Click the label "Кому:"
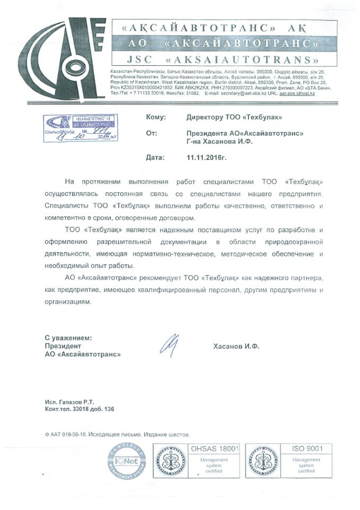[x=155, y=117]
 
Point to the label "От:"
[x=151, y=134]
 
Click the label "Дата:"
[x=155, y=158]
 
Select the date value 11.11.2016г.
[x=207, y=158]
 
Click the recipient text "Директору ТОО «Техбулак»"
[x=234, y=117]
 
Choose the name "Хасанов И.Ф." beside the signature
[x=236, y=345]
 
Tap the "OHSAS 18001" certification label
[x=218, y=449]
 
